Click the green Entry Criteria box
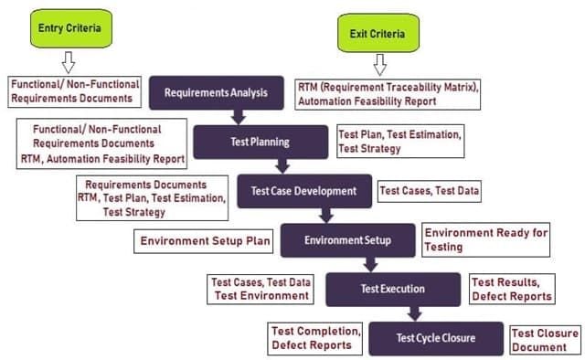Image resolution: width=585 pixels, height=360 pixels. pos(71,28)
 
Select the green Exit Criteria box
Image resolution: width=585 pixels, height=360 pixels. pos(378,33)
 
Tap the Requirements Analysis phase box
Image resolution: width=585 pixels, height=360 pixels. pos(217,93)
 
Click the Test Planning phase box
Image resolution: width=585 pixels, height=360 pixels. pos(261,143)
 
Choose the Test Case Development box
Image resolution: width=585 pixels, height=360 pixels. pos(304,191)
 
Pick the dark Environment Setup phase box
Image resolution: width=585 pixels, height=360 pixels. pos(347,240)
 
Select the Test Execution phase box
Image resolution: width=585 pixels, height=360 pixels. pos(393,290)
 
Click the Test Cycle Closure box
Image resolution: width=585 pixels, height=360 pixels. pos(436,338)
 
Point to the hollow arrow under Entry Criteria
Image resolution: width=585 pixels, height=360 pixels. pos(69,62)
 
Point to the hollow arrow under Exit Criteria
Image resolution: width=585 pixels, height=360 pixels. pos(380,65)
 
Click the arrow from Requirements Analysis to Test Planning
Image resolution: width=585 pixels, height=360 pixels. pos(239,117)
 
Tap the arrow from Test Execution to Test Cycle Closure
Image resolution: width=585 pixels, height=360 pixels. pos(414,313)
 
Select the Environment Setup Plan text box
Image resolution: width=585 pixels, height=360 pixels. pos(203,241)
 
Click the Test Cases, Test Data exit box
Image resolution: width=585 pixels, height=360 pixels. pos(430,191)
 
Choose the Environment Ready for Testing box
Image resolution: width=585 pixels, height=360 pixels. pos(485,240)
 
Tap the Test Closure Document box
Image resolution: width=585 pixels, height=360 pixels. pos(545,340)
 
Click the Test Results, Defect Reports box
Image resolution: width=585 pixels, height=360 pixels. pos(512,289)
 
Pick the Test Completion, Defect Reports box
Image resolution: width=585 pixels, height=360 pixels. pos(314,338)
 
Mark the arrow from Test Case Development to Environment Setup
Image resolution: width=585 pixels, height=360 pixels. pos(326,216)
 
